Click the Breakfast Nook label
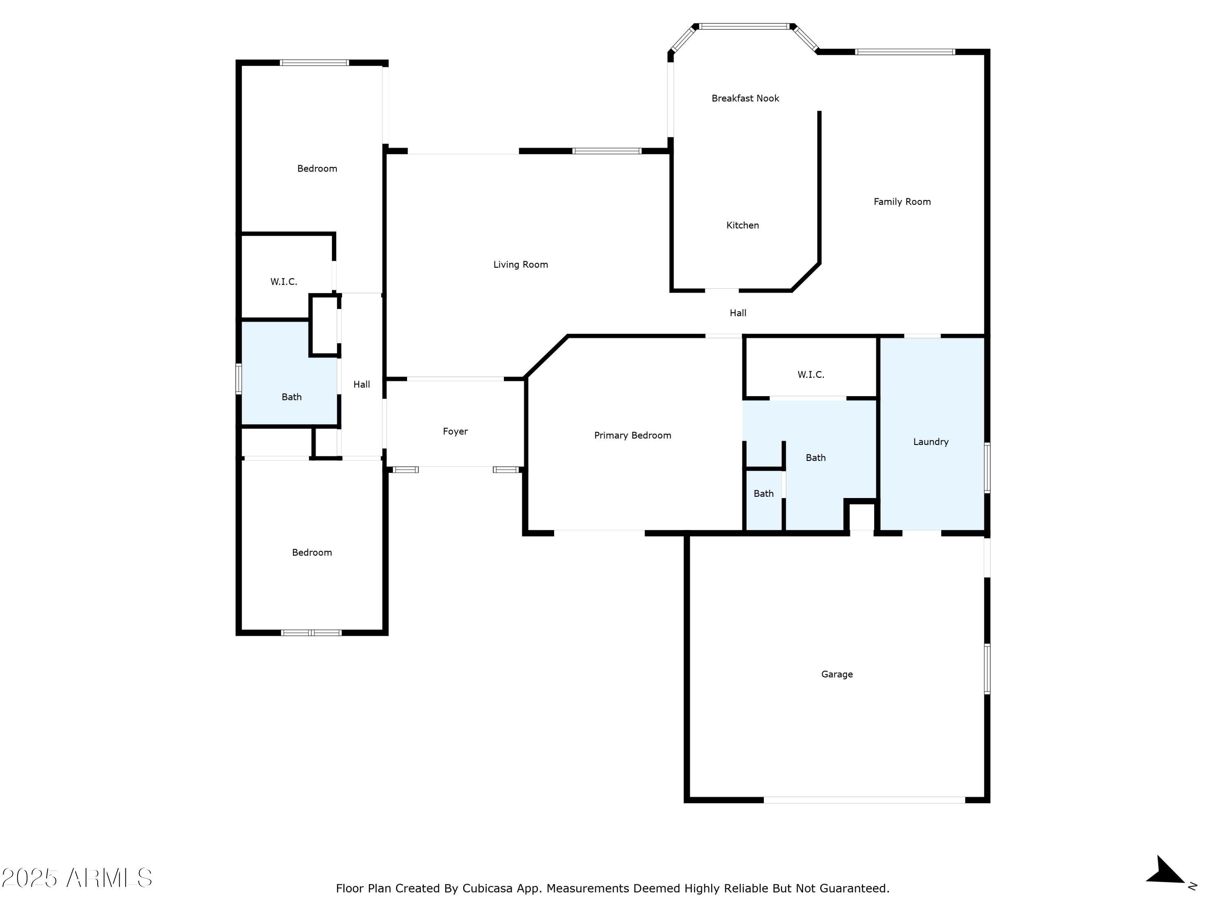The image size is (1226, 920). (745, 98)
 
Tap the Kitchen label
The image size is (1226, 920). (742, 225)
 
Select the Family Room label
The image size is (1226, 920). (902, 202)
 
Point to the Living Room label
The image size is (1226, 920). (521, 265)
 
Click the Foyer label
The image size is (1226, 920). (455, 431)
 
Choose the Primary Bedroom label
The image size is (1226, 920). (632, 435)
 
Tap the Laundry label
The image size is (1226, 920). (931, 442)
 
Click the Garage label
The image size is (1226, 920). (837, 674)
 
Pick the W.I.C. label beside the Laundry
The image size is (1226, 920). (810, 375)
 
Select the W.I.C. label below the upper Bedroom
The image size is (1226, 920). (283, 282)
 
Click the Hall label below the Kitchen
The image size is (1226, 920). (738, 313)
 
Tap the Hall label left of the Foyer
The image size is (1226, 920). (361, 384)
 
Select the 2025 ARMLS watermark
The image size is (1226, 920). (77, 878)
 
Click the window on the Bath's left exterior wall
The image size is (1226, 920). (239, 379)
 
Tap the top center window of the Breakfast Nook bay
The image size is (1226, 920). (744, 26)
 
